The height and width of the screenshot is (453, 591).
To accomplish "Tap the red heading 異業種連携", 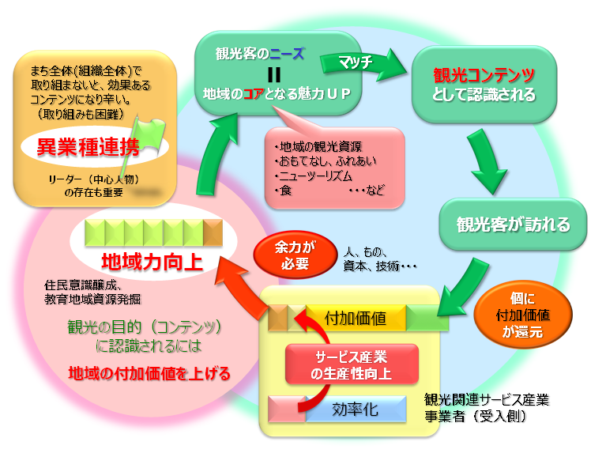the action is [88, 147].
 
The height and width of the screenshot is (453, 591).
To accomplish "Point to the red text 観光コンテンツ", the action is [484, 75].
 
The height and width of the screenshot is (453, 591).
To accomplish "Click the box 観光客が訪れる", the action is [513, 224].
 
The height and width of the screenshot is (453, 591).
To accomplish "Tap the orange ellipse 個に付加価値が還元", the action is [523, 315].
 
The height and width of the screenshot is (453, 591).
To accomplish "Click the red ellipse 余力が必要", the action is [295, 255].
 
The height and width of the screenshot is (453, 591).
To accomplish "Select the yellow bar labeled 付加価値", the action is [356, 319].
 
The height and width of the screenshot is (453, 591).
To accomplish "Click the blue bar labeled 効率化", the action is [356, 409].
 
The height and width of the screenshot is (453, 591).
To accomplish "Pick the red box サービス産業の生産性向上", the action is [352, 364].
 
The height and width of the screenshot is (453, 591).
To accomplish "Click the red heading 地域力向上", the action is [152, 262].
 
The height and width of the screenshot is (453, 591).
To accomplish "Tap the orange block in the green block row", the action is [213, 232].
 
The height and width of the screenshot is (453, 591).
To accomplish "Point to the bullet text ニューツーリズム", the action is [314, 176].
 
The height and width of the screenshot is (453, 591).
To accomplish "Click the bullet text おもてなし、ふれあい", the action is [326, 161].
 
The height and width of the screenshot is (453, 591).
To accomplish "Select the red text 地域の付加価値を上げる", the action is [149, 373].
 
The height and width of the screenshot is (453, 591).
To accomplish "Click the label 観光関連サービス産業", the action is [486, 399].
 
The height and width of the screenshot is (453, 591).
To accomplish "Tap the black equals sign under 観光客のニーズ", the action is [274, 74].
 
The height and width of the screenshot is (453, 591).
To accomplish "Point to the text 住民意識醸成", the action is [82, 285].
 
